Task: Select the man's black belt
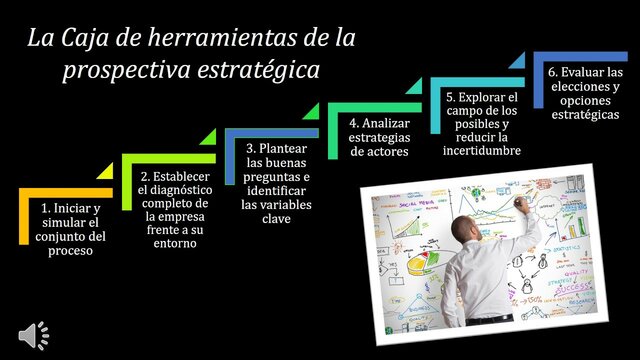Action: click(491, 319)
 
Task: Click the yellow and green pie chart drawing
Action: click(418, 266)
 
